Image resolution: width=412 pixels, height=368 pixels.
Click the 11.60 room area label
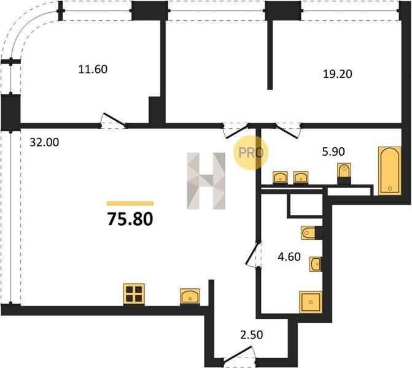[x=93, y=69]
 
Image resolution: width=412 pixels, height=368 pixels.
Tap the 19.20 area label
[x=337, y=74]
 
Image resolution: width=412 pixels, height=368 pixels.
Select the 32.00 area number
[x=44, y=142]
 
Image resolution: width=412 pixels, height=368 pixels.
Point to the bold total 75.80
[x=130, y=219]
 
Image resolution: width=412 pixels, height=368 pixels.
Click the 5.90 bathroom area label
[x=333, y=151]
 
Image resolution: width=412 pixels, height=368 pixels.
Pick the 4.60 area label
[x=289, y=256]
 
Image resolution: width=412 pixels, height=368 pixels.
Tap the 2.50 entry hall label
[x=252, y=335]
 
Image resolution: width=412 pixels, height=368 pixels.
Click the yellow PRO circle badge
[x=251, y=153]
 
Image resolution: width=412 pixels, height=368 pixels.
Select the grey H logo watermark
[x=206, y=181]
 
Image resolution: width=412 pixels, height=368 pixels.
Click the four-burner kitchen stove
[x=134, y=294]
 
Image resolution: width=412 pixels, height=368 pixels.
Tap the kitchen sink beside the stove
[x=190, y=297]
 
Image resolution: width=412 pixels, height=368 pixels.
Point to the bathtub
[x=390, y=171]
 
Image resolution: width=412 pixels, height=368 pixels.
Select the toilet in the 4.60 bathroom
[x=309, y=232]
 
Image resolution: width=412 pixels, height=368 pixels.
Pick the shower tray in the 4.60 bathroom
[x=311, y=302]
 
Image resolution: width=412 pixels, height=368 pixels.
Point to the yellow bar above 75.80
[x=130, y=204]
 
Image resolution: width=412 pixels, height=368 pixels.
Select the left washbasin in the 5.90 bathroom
[x=280, y=177]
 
